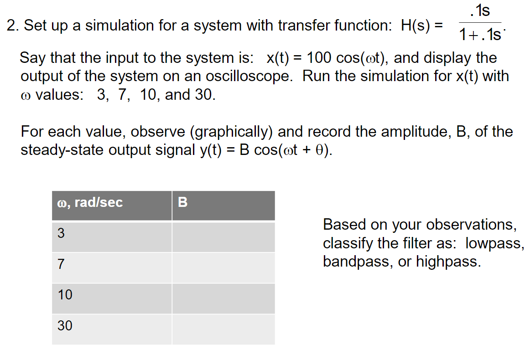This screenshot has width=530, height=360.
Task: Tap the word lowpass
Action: pyautogui.click(x=494, y=243)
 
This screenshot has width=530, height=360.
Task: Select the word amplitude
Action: pyautogui.click(x=412, y=132)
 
